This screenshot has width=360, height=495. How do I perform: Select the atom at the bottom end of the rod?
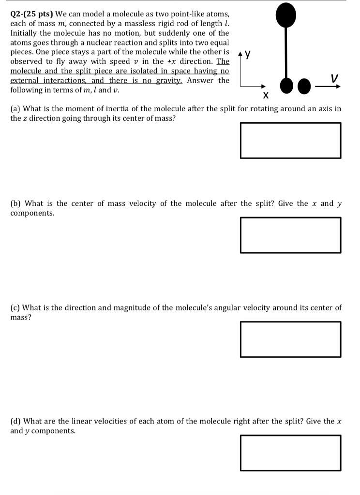pos(286,86)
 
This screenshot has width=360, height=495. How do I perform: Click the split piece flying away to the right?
pos(304,86)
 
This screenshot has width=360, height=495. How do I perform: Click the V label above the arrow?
pos(334,77)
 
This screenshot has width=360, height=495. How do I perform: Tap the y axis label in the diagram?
pos(248,55)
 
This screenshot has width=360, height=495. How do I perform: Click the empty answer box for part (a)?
pos(290,140)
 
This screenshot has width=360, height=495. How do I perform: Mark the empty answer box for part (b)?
pos(290,235)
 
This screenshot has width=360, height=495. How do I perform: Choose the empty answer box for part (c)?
pos(290,339)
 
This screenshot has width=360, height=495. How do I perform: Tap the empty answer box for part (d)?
pos(290,453)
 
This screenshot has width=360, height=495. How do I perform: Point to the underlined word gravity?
pos(166,81)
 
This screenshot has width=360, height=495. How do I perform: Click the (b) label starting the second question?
pos(15,204)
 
